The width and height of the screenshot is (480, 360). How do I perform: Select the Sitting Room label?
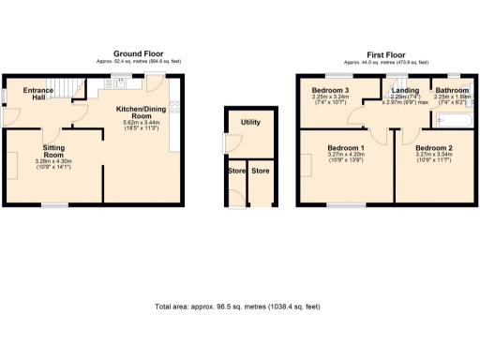click(x=53, y=151)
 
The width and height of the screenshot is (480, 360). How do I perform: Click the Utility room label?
click(x=250, y=123)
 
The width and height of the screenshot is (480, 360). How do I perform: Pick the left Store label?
click(x=234, y=172)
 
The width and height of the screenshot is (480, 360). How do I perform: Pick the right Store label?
click(x=261, y=172)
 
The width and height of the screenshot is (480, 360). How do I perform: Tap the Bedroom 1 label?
click(x=346, y=149)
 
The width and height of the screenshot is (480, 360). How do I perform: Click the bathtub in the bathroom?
click(x=455, y=119)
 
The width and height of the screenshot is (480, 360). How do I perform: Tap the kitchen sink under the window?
click(x=120, y=82)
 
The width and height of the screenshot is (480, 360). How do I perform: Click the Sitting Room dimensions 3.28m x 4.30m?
click(x=53, y=162)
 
